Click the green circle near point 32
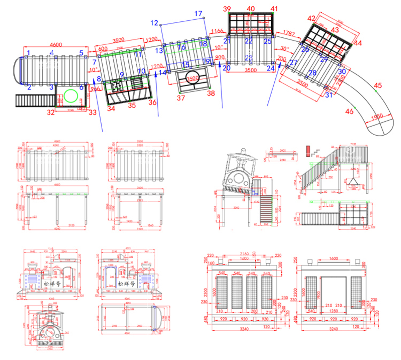pyautogui.click(x=71, y=96)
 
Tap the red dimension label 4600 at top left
pyautogui.click(x=56, y=45)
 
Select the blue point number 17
pyautogui.click(x=198, y=14)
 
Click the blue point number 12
pyautogui.click(x=154, y=23)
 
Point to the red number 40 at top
pyautogui.click(x=251, y=9)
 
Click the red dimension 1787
pyautogui.click(x=289, y=34)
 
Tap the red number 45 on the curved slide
pyautogui.click(x=378, y=85)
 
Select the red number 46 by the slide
pyautogui.click(x=350, y=111)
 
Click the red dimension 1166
pyautogui.click(x=218, y=31)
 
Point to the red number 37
pyautogui.click(x=181, y=98)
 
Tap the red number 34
pyautogui.click(x=111, y=108)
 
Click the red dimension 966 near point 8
pyautogui.click(x=95, y=89)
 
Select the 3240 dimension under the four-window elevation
pyautogui.click(x=244, y=329)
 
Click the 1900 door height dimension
pyautogui.click(x=319, y=296)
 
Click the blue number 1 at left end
pyautogui.click(x=29, y=53)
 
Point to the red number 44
pyautogui.click(x=358, y=43)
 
